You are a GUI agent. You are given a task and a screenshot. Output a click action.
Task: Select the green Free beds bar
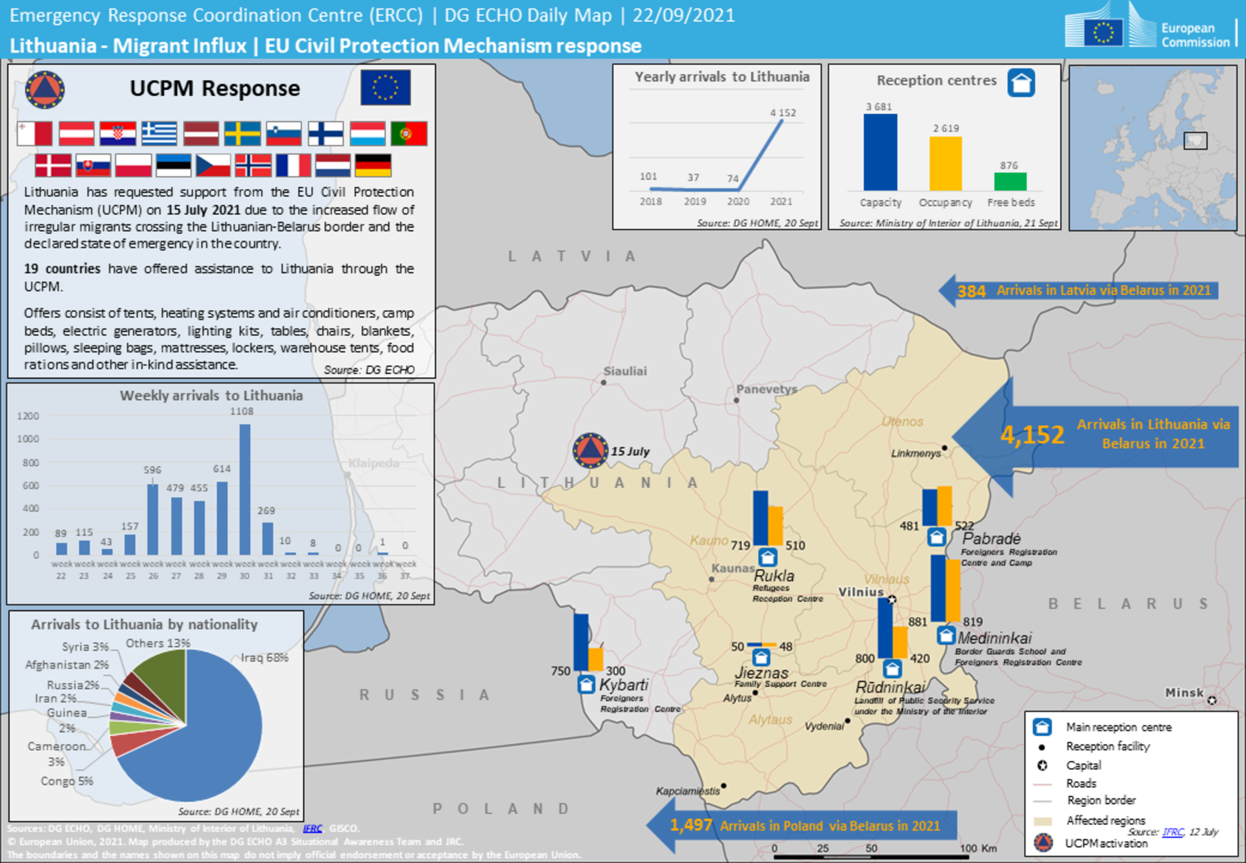1010,182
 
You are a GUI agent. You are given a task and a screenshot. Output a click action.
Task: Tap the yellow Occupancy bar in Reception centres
945,164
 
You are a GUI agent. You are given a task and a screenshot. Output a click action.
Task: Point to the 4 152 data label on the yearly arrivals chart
783,113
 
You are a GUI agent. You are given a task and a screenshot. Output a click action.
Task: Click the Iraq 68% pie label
264,657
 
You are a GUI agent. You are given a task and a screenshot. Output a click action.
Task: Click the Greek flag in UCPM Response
159,134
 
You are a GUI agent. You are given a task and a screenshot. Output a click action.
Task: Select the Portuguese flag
409,134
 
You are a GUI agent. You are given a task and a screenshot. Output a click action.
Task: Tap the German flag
373,165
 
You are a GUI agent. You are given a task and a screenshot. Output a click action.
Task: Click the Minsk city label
1184,692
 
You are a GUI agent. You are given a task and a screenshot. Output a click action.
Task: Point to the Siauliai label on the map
625,371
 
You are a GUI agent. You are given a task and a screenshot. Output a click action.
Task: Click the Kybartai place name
624,685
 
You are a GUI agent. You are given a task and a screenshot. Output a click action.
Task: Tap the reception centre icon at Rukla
767,557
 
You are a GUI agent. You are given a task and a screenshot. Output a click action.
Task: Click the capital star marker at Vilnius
892,600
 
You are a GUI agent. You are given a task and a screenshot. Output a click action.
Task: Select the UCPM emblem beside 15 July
590,450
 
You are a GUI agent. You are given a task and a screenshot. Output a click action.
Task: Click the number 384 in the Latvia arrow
971,291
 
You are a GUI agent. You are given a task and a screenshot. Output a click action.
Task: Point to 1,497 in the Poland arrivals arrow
691,825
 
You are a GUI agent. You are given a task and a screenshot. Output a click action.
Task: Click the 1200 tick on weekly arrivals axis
28,417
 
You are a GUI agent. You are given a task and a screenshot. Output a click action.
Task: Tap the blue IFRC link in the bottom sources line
312,829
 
